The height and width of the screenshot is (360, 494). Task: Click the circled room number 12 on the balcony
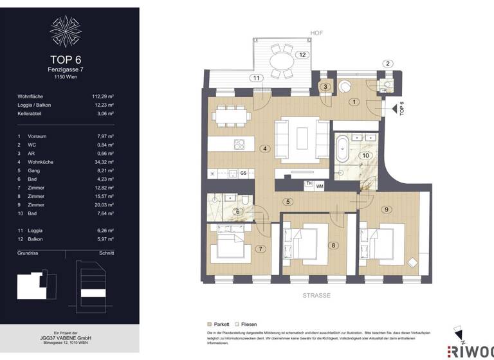pyautogui.click(x=301, y=55)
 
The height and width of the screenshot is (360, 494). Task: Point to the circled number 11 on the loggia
pyautogui.click(x=257, y=78)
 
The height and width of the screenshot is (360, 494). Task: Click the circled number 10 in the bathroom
pyautogui.click(x=365, y=156)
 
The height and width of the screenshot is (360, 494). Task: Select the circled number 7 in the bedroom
pyautogui.click(x=261, y=249)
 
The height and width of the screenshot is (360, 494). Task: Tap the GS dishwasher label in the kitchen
pyautogui.click(x=243, y=173)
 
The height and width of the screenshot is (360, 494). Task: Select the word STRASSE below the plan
pyautogui.click(x=316, y=295)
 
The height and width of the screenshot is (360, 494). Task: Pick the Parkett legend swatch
pyautogui.click(x=208, y=325)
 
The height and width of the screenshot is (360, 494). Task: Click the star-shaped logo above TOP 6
pyautogui.click(x=66, y=30)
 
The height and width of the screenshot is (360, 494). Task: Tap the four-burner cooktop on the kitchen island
pyautogui.click(x=239, y=144)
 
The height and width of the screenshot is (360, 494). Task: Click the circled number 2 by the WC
pyautogui.click(x=387, y=63)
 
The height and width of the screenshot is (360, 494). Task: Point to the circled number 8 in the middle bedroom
pyautogui.click(x=334, y=245)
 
